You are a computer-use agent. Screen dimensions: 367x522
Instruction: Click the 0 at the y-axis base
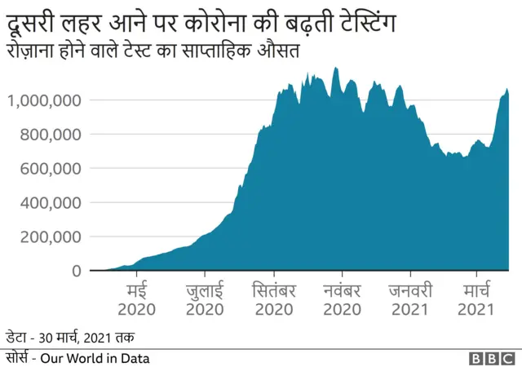tap(75, 271)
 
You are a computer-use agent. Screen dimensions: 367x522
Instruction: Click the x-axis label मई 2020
tap(136, 300)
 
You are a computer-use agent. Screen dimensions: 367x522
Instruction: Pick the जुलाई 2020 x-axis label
tap(205, 300)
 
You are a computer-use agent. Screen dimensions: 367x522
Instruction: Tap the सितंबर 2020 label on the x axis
tap(272, 300)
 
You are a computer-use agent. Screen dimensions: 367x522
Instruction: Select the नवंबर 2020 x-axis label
tap(342, 300)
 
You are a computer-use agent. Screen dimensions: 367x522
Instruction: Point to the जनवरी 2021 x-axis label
tap(409, 300)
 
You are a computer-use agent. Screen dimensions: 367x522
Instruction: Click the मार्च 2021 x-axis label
tap(476, 300)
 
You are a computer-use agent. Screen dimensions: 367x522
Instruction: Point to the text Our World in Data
tap(99, 357)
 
